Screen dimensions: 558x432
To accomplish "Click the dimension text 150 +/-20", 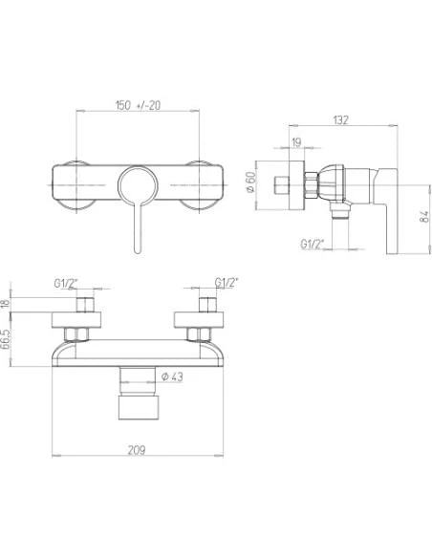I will point(137,105).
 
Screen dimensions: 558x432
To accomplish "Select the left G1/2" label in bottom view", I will point(68,284).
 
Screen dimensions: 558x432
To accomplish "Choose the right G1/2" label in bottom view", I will point(228,284).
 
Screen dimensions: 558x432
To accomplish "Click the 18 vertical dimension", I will point(8,303).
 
